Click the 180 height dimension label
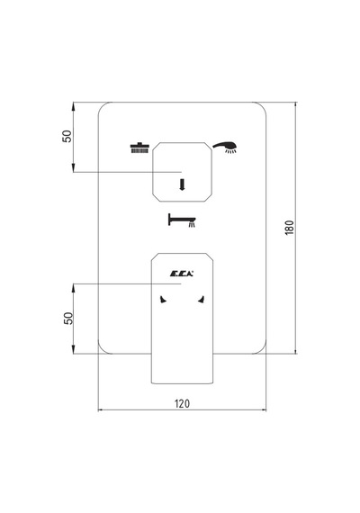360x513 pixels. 289,228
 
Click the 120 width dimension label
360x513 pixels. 182,403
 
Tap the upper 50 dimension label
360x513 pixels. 67,136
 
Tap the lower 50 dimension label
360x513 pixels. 68,318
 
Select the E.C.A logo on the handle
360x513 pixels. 181,274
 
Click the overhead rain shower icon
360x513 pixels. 139,148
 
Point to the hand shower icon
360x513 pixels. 225,147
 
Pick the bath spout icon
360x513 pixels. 182,220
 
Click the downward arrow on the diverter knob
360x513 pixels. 182,184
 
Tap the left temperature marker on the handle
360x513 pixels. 163,300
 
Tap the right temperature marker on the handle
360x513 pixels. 202,300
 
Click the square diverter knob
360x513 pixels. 183,172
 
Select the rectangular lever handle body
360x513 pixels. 182,318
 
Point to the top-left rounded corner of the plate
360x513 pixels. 103,106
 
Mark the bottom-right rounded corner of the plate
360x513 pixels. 262,349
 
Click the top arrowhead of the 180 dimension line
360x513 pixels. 295,105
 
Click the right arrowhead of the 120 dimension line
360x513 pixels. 263,409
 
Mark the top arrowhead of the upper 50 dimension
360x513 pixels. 74,105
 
